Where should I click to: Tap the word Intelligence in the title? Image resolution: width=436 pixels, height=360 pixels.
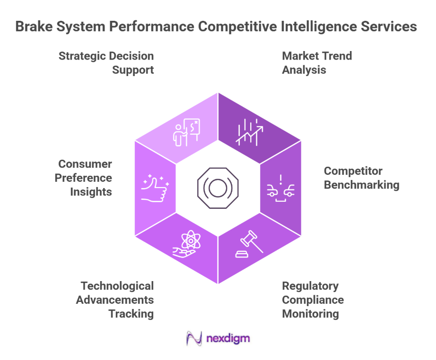click(311, 26)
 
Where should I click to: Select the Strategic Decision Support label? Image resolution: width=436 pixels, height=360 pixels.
click(106, 63)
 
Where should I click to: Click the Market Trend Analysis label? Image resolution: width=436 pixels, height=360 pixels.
click(317, 63)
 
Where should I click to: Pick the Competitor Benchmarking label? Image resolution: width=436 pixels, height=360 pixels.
click(361, 178)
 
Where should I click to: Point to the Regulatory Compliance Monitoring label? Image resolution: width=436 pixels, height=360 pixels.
click(313, 300)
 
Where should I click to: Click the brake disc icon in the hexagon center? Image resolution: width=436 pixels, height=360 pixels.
click(218, 188)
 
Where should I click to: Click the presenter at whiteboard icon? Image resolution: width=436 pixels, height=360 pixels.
click(186, 132)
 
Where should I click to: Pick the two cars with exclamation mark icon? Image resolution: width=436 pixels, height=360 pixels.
click(281, 188)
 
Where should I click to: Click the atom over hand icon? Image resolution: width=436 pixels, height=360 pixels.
click(186, 245)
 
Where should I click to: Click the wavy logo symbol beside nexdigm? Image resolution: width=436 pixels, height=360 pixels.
click(194, 339)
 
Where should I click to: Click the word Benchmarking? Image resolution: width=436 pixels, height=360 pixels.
click(361, 185)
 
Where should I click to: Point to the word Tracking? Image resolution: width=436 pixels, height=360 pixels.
click(131, 314)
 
